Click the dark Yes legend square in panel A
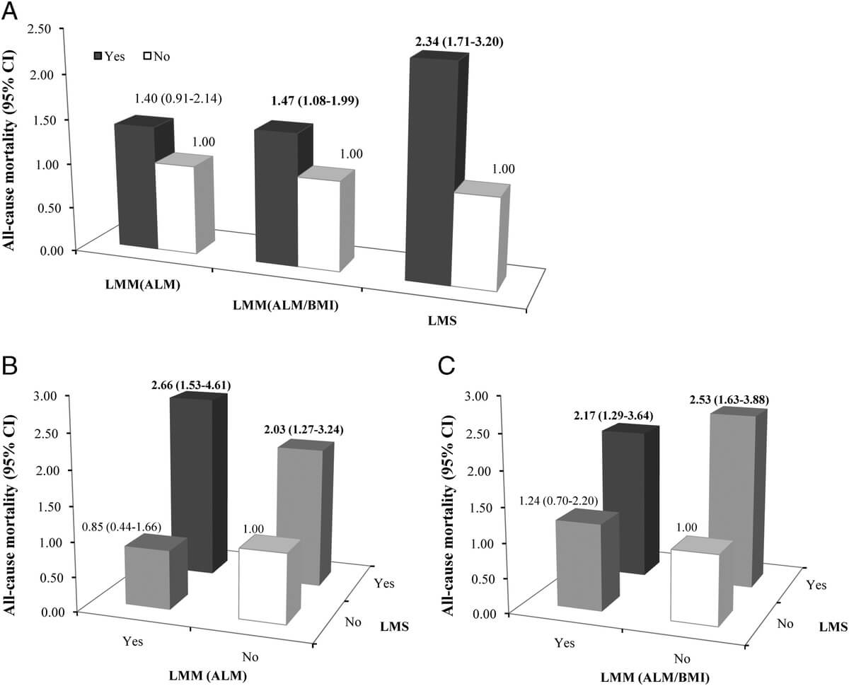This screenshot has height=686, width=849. tap(100, 55)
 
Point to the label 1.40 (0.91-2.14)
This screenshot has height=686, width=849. tap(178, 98)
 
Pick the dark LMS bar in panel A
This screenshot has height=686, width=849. tap(428, 170)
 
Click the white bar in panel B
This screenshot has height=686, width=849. tap(262, 587)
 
